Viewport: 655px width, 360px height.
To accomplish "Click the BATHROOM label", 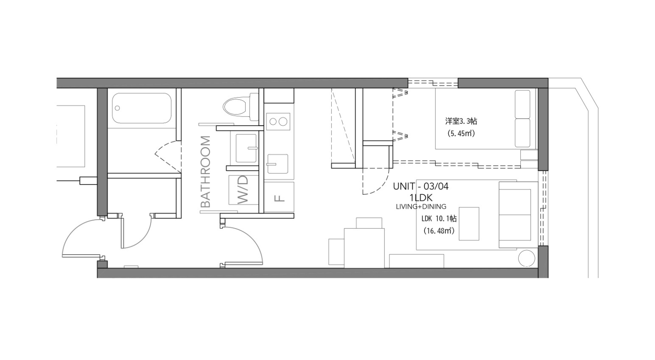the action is point(206,172).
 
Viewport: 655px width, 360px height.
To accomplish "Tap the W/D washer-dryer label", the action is point(243,190).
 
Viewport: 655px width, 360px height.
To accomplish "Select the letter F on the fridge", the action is point(280,198).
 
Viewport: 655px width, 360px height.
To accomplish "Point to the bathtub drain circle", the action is point(117,108).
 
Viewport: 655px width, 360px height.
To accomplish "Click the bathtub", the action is point(142,108).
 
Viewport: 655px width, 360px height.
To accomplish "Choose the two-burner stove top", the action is point(278,121).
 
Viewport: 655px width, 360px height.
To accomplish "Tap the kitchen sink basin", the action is point(277,164).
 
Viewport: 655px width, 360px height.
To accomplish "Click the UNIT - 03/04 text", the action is point(420,187).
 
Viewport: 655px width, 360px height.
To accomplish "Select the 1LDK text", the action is point(421,198).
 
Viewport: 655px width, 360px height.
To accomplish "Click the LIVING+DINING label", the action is point(421,207).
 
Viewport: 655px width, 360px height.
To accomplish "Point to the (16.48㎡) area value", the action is point(438,231).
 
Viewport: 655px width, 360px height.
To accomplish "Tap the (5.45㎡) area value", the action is point(461,133).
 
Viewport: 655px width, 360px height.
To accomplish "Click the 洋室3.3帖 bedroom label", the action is point(461,121).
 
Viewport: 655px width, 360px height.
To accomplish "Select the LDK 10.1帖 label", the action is point(439,218).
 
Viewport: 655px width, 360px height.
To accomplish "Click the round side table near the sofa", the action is point(526,258).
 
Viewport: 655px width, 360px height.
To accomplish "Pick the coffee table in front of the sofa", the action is point(469,224).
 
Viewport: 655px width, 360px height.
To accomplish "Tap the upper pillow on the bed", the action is point(522,104).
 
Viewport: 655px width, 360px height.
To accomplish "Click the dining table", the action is point(364,248).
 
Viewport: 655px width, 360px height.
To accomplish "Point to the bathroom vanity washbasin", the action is point(246,148).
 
